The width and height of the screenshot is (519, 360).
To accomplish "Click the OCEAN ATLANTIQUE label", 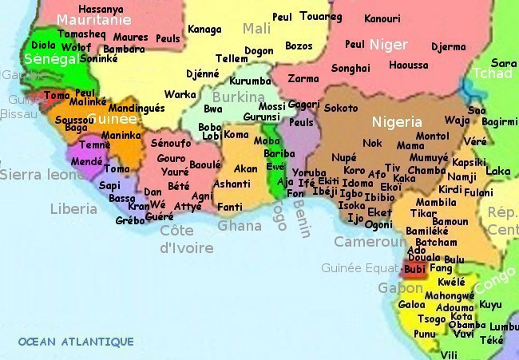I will tap(76, 342).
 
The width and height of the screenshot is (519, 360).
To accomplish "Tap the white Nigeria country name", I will tap(396, 122).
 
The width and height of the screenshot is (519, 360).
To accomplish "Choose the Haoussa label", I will tap(408, 65).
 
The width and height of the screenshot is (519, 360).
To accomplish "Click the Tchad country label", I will tap(493, 73).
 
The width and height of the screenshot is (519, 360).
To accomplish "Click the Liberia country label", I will tap(73, 208).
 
